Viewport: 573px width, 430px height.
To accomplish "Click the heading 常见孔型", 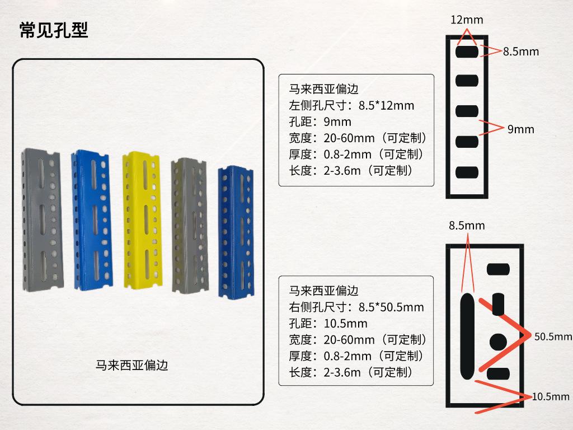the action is click(x=54, y=30).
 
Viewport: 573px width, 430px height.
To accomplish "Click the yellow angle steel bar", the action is click(x=142, y=221).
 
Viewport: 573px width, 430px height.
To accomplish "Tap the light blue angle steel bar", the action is click(x=92, y=221).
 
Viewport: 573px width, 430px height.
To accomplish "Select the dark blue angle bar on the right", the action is click(x=236, y=232).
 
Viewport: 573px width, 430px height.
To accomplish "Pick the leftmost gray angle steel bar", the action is click(x=43, y=219).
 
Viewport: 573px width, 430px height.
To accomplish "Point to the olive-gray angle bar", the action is click(x=190, y=226).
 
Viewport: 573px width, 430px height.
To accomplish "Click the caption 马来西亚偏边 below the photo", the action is click(x=131, y=365).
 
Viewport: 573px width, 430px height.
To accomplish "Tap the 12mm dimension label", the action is click(x=467, y=20).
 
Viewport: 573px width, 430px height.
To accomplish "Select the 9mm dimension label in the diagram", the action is click(x=521, y=129).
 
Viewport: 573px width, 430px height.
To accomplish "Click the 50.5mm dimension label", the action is click(x=553, y=336).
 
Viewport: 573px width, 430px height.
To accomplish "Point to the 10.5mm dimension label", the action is click(x=551, y=397).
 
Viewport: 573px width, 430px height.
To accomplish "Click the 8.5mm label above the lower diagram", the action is click(x=467, y=226).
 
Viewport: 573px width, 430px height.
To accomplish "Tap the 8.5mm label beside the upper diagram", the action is click(x=521, y=52).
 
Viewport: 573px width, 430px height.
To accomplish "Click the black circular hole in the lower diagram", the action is click(x=498, y=342).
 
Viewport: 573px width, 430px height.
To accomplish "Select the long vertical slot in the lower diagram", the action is click(x=467, y=336).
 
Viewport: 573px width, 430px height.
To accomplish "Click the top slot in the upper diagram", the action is click(x=467, y=51).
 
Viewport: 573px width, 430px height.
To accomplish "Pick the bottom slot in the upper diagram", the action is click(x=467, y=172).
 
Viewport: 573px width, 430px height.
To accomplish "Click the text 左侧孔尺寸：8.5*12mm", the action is click(x=351, y=106).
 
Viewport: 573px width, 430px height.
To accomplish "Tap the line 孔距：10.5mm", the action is click(x=328, y=324).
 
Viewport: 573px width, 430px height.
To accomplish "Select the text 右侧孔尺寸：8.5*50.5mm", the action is click(x=356, y=307).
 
